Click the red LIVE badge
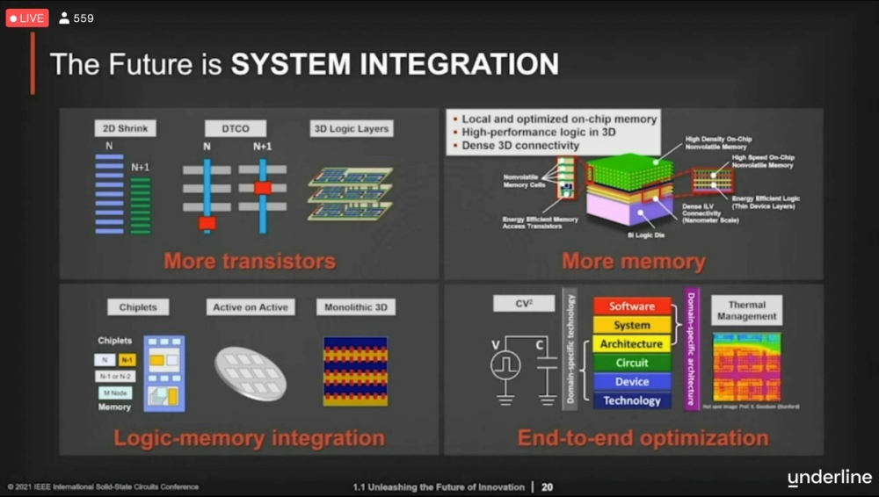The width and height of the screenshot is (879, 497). [27, 18]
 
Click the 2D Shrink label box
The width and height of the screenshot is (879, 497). [124, 128]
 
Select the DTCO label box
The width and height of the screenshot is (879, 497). [235, 128]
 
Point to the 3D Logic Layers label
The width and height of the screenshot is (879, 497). [351, 128]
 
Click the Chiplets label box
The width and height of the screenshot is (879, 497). [138, 307]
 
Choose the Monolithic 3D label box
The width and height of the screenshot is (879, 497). [355, 307]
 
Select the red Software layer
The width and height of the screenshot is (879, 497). [632, 306]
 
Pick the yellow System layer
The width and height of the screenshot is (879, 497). [632, 325]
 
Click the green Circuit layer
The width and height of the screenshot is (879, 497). [632, 363]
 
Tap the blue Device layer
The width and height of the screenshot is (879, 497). [632, 382]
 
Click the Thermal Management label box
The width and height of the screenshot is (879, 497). [746, 310]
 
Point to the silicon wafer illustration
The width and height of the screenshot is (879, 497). [251, 372]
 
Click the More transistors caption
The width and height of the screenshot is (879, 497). [249, 261]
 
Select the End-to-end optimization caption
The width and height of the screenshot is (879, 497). [643, 437]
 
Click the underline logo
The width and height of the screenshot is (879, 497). [829, 478]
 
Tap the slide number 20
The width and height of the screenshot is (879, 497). [547, 486]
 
